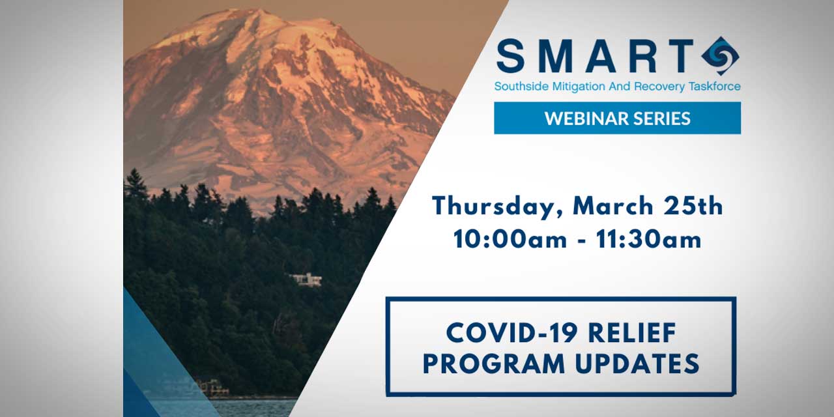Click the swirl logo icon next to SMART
click(x=720, y=56)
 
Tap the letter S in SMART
click(x=510, y=56)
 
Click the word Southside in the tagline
click(x=521, y=87)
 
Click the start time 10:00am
click(x=510, y=239)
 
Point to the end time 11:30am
click(x=648, y=239)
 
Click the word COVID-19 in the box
click(x=512, y=332)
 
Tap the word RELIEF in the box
click(x=632, y=332)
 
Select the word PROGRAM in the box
click(x=494, y=364)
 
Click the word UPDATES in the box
click(x=637, y=364)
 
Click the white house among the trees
click(x=306, y=280)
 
